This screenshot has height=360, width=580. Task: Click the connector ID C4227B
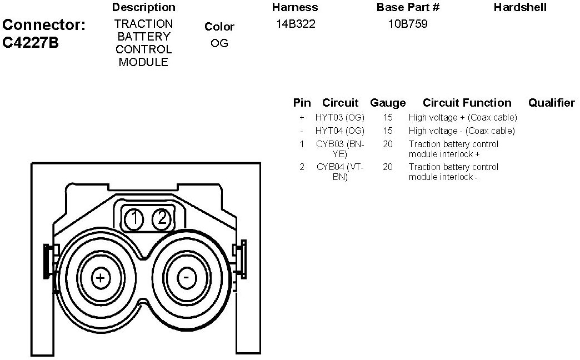click(x=31, y=43)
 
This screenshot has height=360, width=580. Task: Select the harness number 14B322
click(x=296, y=24)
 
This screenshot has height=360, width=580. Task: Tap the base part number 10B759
click(x=408, y=24)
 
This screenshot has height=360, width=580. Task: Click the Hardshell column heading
click(x=520, y=7)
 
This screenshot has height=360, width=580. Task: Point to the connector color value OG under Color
click(x=219, y=43)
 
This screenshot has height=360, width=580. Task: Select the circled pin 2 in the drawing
click(x=162, y=219)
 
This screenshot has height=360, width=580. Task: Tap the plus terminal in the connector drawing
click(x=100, y=277)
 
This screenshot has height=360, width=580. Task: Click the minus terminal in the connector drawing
click(x=187, y=277)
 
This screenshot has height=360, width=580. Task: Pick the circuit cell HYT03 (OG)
click(x=340, y=118)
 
